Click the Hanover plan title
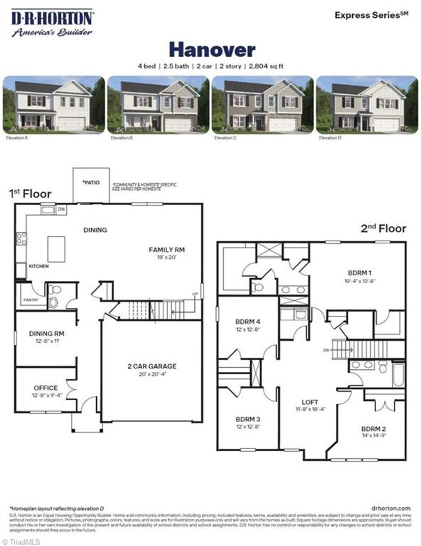[212, 50]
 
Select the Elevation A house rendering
[53, 105]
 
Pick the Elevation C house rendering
[262, 105]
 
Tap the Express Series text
[371, 15]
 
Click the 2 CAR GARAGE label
[152, 366]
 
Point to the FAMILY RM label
[167, 250]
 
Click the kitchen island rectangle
[56, 249]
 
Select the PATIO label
[91, 182]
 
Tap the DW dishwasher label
[61, 210]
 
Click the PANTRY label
[30, 300]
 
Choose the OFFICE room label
[46, 388]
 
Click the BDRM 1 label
[360, 273]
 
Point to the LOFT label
[310, 402]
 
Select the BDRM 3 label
[248, 419]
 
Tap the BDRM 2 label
[373, 428]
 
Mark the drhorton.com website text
[390, 509]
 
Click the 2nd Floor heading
[383, 229]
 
